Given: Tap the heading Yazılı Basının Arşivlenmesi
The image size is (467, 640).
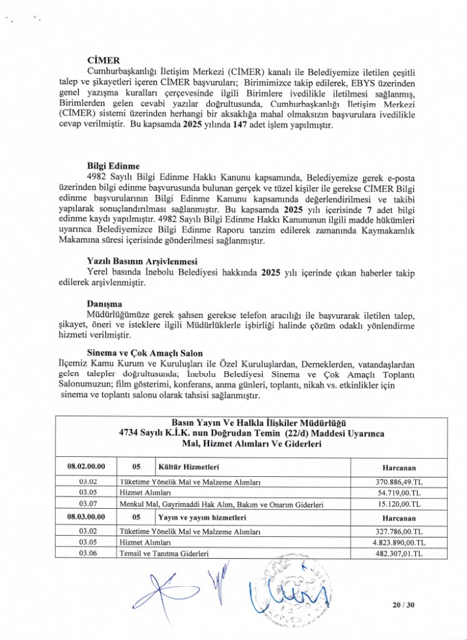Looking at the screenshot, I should pos(141,261).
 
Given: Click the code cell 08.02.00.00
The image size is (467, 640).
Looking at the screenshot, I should pos(87,467).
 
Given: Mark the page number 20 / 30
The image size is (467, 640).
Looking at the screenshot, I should pos(405,604).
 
